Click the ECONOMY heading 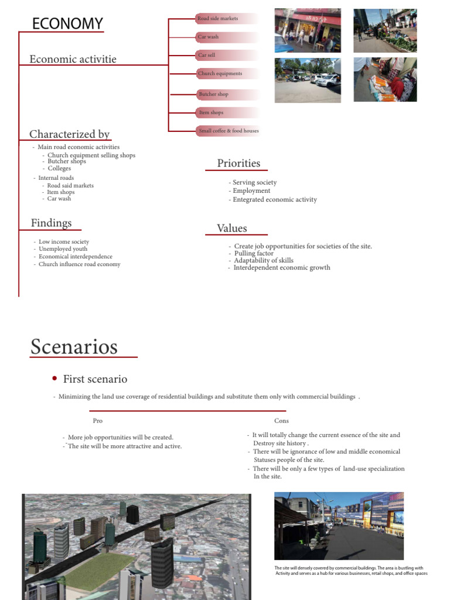coord(67,24)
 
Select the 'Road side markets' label coord(219,19)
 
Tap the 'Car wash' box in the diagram coord(209,37)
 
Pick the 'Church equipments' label coord(220,74)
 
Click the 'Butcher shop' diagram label coord(214,94)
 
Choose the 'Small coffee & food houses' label coord(229,131)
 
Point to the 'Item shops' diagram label coord(212,112)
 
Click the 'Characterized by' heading coord(70,134)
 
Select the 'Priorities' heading coord(238,163)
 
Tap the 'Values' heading coord(232,229)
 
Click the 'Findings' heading coord(52,223)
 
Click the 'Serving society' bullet coord(254,182)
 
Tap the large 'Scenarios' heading coord(74,347)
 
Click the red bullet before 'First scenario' coord(54,379)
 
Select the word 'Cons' coord(281,421)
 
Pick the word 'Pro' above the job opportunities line coord(97,421)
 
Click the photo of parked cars coord(308,80)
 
